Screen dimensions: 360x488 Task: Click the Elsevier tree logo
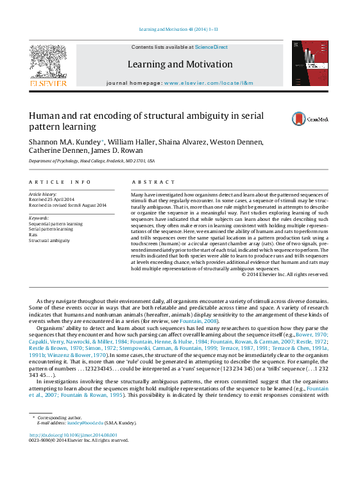47,64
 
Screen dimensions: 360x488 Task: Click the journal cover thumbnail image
310,63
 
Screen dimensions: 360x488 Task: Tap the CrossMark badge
309,119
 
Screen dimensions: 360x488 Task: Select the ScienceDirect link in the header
211,47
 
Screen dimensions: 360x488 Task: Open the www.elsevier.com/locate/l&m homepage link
209,83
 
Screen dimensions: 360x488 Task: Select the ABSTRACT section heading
153,182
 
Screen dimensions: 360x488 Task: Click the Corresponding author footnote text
58,417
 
